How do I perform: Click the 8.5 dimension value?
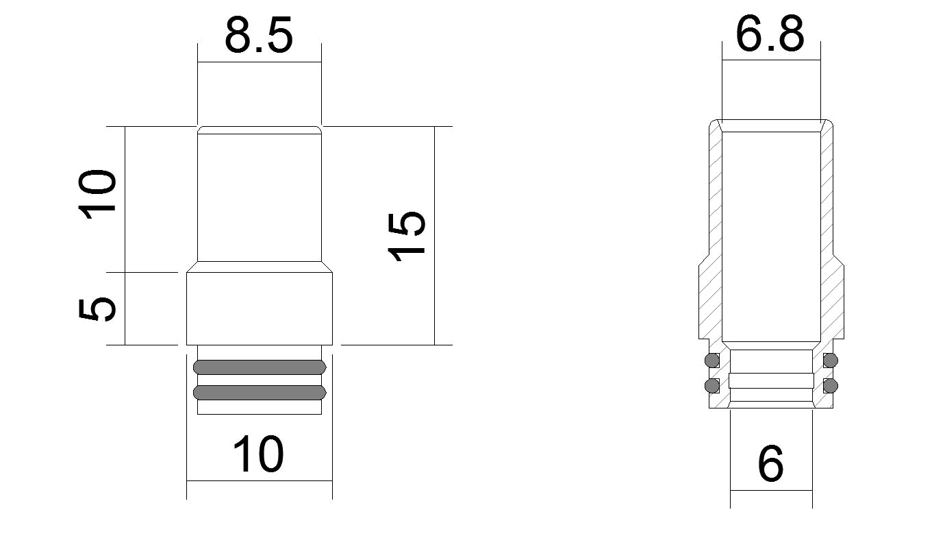click(259, 36)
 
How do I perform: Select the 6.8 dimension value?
click(770, 34)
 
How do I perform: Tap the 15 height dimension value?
click(407, 236)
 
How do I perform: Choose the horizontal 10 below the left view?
click(258, 455)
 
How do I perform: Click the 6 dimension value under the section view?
click(770, 464)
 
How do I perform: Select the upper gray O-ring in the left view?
click(260, 367)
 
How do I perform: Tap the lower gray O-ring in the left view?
click(260, 393)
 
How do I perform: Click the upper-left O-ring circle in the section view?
click(712, 360)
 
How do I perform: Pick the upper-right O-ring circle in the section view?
click(831, 360)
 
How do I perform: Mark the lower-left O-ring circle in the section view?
click(712, 385)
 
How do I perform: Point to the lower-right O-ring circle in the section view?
click(831, 385)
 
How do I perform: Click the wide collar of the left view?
click(260, 308)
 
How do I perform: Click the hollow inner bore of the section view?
click(771, 233)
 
